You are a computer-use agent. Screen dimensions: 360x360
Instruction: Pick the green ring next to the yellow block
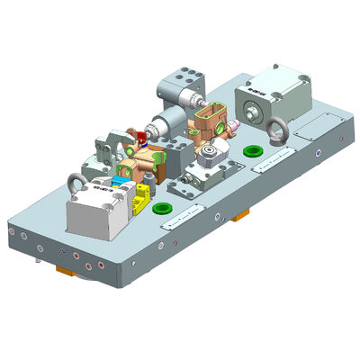[x=163, y=208]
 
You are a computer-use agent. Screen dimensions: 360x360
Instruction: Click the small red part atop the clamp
[x=140, y=138]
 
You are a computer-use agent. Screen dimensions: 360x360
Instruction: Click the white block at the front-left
[x=95, y=217]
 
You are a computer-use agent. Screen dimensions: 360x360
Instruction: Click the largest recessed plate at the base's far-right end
[x=315, y=125]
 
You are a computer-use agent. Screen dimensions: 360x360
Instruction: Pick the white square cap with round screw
[x=212, y=154]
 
